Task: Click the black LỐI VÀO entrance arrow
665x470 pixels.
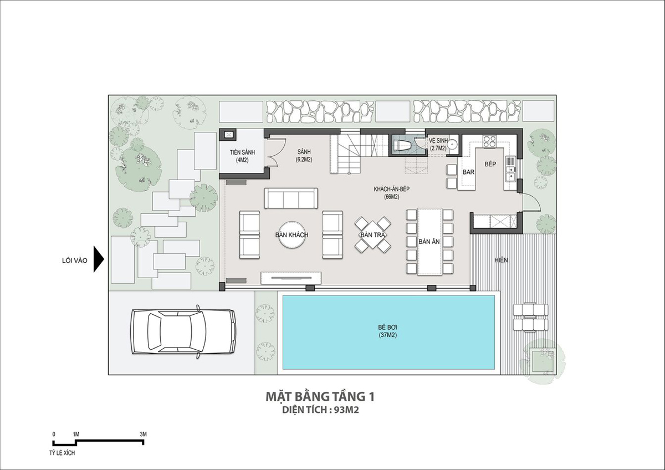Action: click(99, 259)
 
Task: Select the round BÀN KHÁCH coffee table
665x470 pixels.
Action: click(291, 235)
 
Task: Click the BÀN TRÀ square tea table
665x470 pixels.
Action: click(372, 235)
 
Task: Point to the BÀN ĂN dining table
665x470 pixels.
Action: click(429, 242)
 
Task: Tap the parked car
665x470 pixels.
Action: click(184, 331)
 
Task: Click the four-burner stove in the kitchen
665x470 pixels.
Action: click(489, 141)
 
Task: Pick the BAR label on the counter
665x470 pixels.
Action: click(468, 172)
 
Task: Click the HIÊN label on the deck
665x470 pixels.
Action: click(501, 260)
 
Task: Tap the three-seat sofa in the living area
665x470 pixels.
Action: click(291, 198)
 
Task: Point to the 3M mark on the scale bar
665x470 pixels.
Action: click(143, 434)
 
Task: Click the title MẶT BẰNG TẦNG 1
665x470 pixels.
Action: click(320, 397)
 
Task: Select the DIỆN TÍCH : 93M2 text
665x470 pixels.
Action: click(321, 410)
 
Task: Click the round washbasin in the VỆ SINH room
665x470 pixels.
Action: click(453, 145)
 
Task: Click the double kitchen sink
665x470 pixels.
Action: click(510, 173)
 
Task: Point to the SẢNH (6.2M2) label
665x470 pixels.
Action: click(304, 156)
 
